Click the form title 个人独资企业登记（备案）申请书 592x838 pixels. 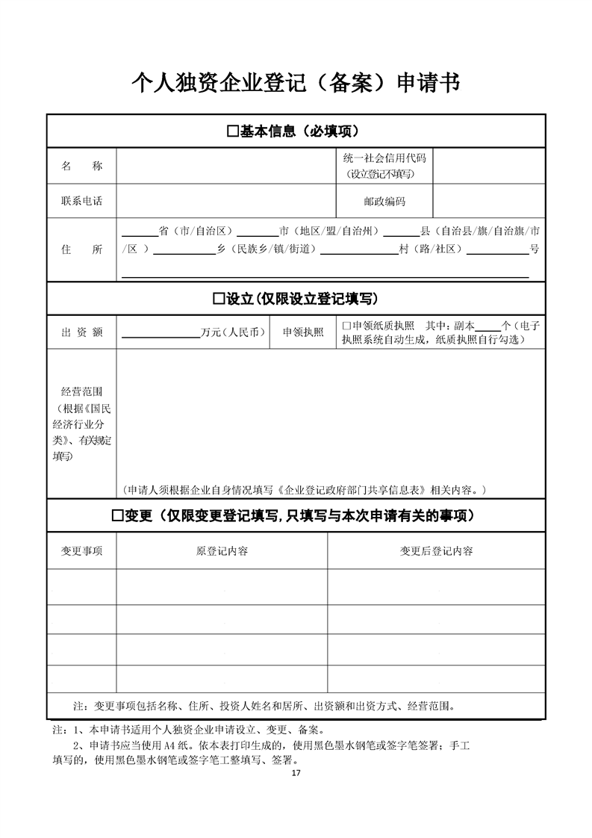(x=296, y=82)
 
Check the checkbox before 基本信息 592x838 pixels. (x=232, y=132)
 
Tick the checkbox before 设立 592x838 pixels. (x=218, y=299)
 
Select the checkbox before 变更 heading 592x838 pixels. (x=116, y=516)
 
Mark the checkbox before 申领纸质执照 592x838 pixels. (x=346, y=326)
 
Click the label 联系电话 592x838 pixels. (x=81, y=202)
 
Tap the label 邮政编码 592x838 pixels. (x=384, y=202)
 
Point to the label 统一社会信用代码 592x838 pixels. (x=384, y=158)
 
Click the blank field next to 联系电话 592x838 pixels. (x=225, y=202)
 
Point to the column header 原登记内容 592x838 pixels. (x=222, y=551)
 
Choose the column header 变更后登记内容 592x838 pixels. (x=436, y=551)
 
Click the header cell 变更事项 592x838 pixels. (x=81, y=551)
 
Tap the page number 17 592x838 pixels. (x=296, y=773)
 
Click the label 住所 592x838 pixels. (x=81, y=249)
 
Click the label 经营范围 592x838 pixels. (x=81, y=391)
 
